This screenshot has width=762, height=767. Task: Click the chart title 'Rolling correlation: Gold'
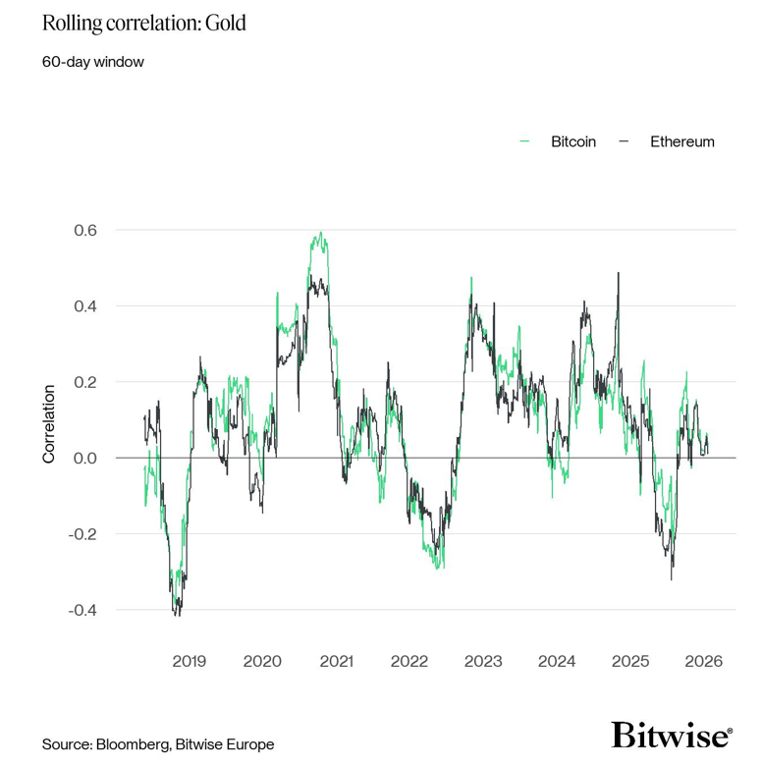point(143,23)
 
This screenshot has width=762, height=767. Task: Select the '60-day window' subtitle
point(93,62)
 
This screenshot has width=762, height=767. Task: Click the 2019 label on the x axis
point(190,661)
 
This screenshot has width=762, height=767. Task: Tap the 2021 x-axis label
point(336,661)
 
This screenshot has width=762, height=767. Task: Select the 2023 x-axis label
point(483,661)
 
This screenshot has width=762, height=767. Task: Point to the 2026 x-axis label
point(704,661)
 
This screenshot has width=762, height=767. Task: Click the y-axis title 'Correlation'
point(48,424)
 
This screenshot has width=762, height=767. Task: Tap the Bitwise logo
point(672,735)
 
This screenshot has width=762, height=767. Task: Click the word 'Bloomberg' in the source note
point(130,744)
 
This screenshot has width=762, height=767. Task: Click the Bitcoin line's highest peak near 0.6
point(320,233)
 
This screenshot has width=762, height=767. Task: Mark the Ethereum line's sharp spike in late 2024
point(619,273)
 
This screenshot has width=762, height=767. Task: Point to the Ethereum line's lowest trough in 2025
point(672,579)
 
